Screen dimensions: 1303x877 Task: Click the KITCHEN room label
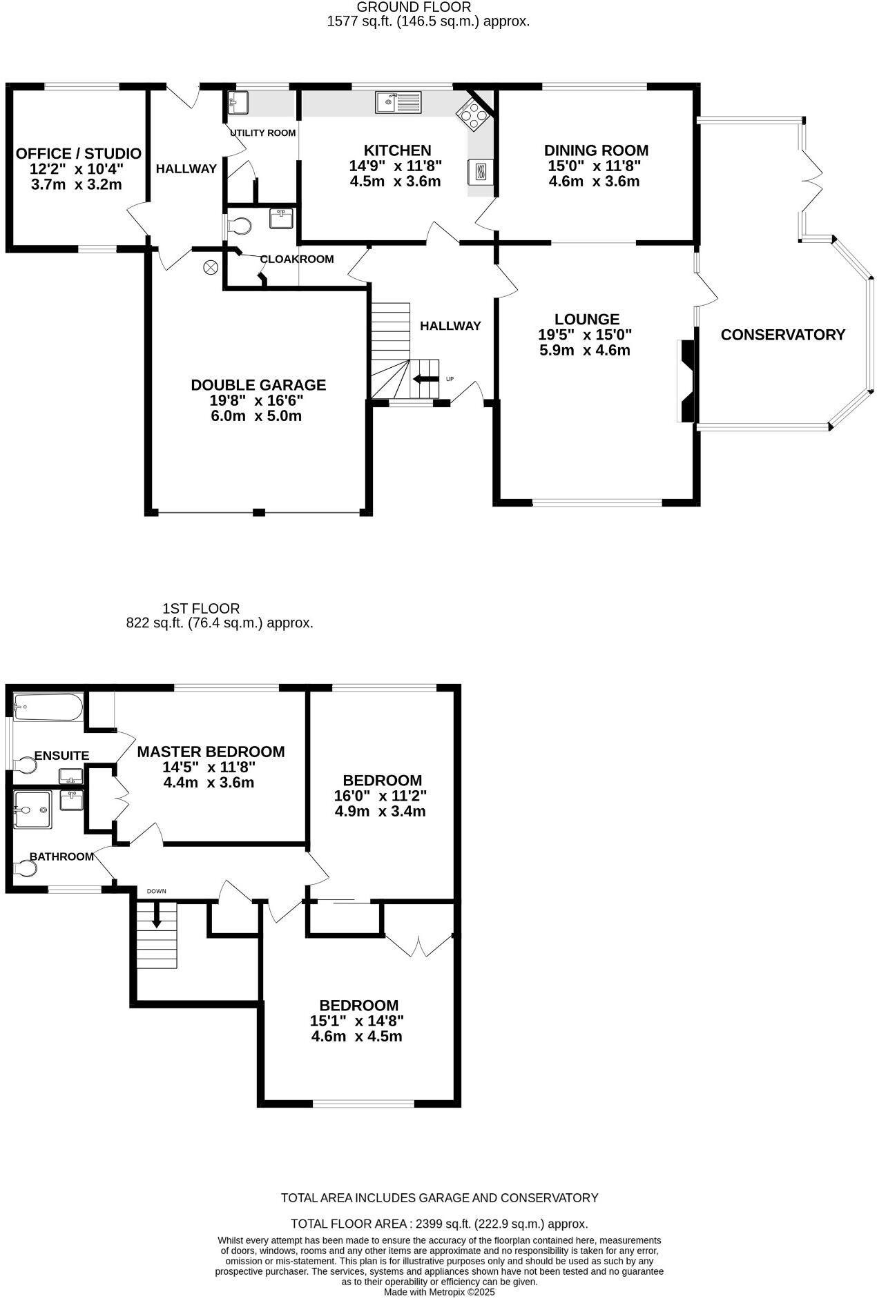click(x=397, y=150)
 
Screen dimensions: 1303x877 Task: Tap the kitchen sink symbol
click(x=398, y=102)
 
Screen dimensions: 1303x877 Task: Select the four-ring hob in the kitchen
click(x=473, y=115)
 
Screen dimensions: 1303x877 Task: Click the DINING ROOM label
click(x=596, y=150)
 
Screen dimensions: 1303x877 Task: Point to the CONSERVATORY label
click(x=782, y=335)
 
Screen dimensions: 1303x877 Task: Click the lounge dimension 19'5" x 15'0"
click(x=585, y=335)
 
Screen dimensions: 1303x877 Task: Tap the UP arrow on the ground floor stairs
click(x=425, y=379)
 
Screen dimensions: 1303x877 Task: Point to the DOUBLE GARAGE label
click(x=258, y=385)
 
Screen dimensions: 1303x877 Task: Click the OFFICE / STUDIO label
click(x=79, y=154)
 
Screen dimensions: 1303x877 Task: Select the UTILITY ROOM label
click(x=262, y=133)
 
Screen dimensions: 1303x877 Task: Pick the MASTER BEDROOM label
click(x=211, y=752)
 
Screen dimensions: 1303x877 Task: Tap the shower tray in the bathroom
click(x=32, y=809)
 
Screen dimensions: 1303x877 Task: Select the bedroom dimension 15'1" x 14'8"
click(x=356, y=1021)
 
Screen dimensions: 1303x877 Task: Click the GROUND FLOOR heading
click(x=414, y=7)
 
